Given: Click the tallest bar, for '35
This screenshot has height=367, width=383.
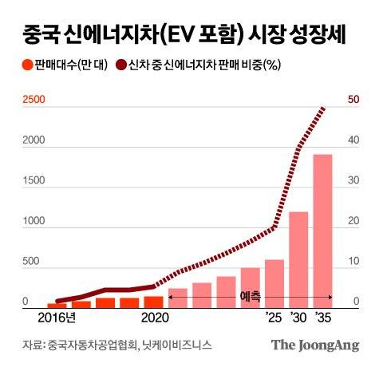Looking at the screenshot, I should (x=322, y=231).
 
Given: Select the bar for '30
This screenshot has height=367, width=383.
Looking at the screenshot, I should (x=298, y=260).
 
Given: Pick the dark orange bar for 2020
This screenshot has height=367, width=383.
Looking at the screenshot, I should (x=153, y=302).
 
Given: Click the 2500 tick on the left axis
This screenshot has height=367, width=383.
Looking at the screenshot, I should (x=33, y=100).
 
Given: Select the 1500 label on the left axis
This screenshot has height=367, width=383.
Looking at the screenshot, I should (x=33, y=181).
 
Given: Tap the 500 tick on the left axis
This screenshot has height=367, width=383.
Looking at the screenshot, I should (x=30, y=262).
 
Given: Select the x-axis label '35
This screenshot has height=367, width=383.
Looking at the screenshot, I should (x=323, y=318).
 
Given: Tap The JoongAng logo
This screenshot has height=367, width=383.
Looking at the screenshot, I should (x=314, y=345).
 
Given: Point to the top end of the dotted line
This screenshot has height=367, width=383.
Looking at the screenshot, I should (x=323, y=107).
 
